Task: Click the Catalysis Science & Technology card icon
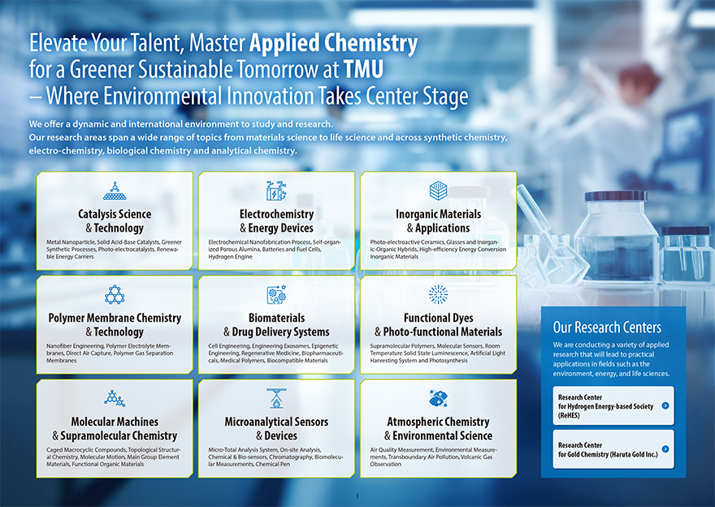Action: tap(115, 191)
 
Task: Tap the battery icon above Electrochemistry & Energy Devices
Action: tap(276, 191)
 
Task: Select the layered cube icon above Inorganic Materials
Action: tap(438, 191)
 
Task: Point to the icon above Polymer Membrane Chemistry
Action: tap(115, 295)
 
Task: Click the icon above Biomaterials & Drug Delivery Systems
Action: tap(276, 295)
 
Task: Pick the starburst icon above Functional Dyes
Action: tap(438, 295)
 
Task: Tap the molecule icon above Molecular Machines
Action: tap(115, 398)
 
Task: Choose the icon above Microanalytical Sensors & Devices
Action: tap(276, 398)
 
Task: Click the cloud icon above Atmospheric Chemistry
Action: tap(438, 398)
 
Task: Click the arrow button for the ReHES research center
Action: tap(665, 405)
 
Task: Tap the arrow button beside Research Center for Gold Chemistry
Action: tap(665, 449)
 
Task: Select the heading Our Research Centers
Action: tap(607, 327)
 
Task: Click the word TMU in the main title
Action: tap(363, 69)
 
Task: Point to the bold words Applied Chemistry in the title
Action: tap(333, 43)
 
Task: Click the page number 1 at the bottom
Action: tap(357, 496)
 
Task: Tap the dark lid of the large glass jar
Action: tap(616, 197)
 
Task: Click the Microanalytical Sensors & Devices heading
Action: tap(276, 428)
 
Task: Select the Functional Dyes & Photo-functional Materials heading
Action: tap(438, 325)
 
